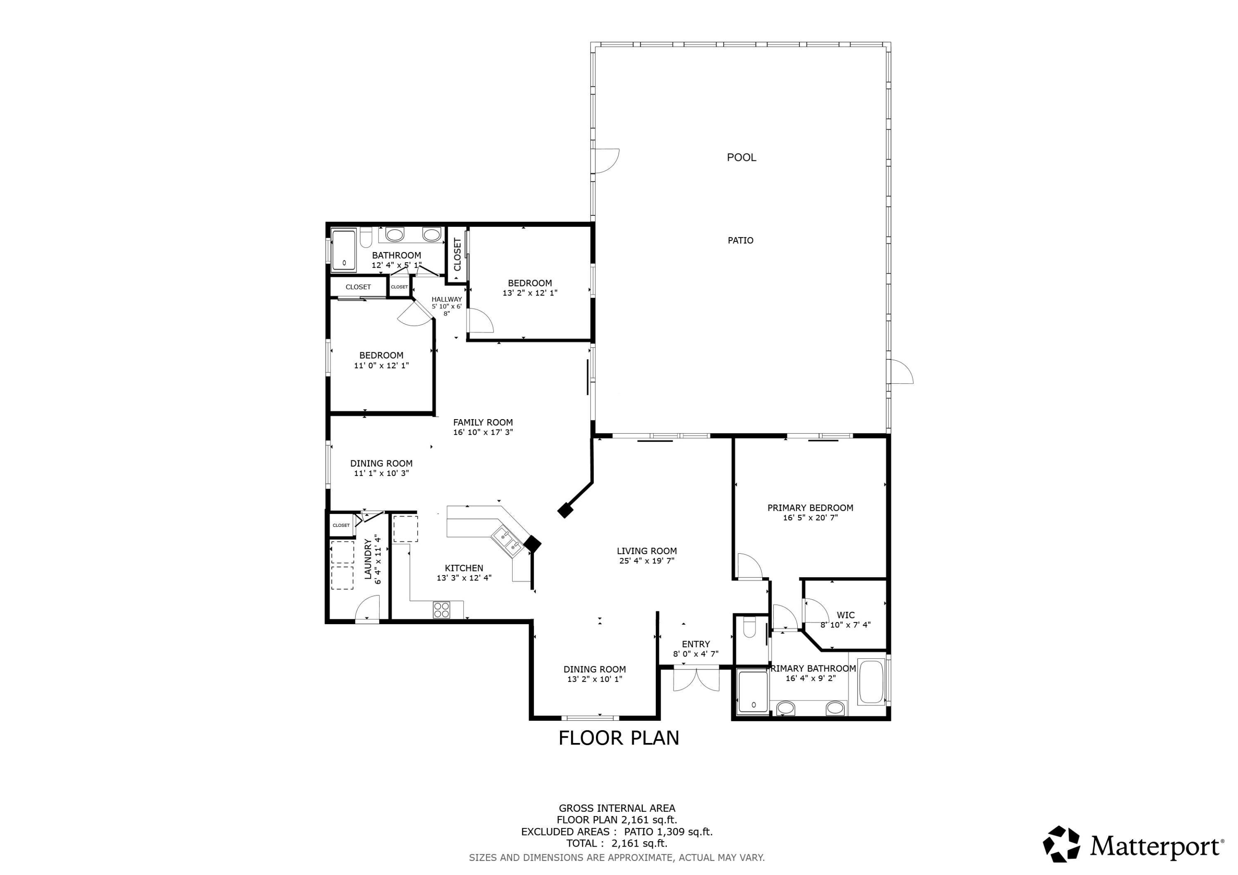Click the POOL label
click(x=742, y=158)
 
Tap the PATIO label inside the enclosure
click(x=740, y=241)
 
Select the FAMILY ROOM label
click(x=482, y=423)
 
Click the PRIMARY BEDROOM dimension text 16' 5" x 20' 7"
click(x=810, y=518)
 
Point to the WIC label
click(x=846, y=615)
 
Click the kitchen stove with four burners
click(x=441, y=610)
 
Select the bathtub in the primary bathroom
click(x=871, y=682)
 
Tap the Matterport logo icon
click(x=1061, y=844)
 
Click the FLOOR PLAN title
click(x=619, y=738)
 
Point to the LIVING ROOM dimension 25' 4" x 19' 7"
click(x=647, y=561)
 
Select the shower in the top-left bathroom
click(x=343, y=250)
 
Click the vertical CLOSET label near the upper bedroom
click(x=458, y=255)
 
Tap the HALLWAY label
click(x=447, y=299)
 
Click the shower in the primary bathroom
click(x=753, y=693)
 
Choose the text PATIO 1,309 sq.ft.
click(x=669, y=832)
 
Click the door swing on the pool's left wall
click(x=606, y=160)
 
